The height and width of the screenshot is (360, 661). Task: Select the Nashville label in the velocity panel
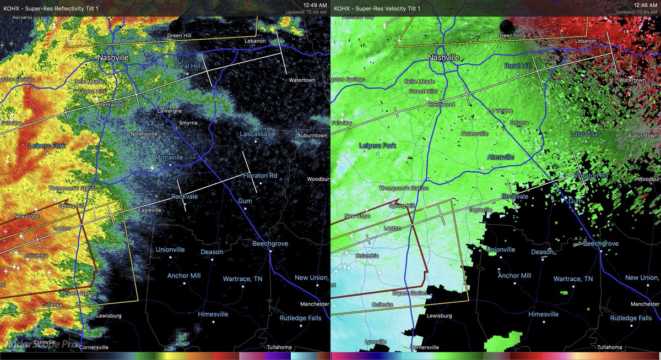[x=443, y=57]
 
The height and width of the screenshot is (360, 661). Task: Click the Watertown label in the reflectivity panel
[x=302, y=80]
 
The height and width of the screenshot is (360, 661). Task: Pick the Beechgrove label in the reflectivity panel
[x=271, y=243]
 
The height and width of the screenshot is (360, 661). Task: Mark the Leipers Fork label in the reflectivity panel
[x=46, y=146]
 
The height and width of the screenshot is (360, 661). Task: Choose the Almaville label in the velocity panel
[x=501, y=157]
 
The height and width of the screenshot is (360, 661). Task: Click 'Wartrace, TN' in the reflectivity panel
[x=242, y=279]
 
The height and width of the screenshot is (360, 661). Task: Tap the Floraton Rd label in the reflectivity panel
[x=261, y=176]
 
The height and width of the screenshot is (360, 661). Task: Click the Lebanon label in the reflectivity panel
[x=256, y=41]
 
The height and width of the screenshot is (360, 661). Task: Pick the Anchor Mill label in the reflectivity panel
[x=184, y=275]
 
